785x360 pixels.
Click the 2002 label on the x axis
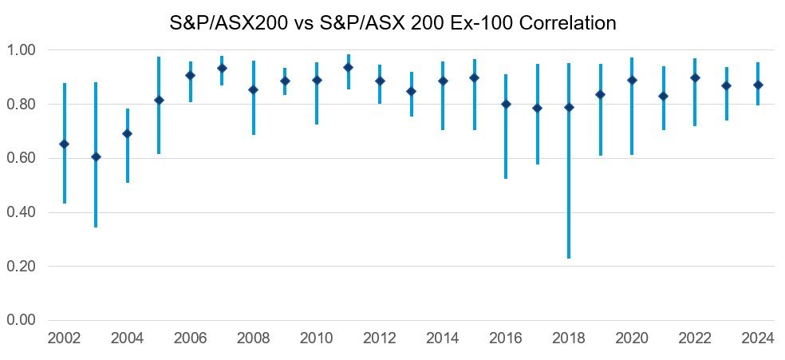pyautogui.click(x=64, y=338)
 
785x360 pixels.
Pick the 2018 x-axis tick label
pyautogui.click(x=569, y=338)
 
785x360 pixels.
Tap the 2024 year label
pyautogui.click(x=758, y=338)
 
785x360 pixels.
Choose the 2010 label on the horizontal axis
pyautogui.click(x=317, y=338)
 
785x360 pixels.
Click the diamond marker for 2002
pyautogui.click(x=65, y=144)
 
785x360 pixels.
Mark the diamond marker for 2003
pyautogui.click(x=96, y=156)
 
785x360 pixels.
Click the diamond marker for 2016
pyautogui.click(x=506, y=104)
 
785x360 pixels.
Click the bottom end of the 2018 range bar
pyautogui.click(x=569, y=258)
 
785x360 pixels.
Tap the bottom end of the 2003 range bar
pyautogui.click(x=96, y=227)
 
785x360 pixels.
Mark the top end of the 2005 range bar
pyautogui.click(x=159, y=57)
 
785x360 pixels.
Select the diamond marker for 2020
pyautogui.click(x=632, y=80)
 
